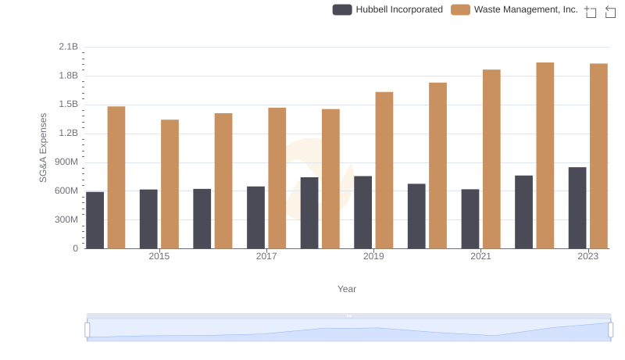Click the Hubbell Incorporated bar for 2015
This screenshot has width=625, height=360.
point(148,219)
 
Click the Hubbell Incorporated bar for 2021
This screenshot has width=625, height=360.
point(470,219)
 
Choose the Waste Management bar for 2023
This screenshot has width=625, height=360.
point(598,156)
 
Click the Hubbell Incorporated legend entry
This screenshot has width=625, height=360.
point(388,9)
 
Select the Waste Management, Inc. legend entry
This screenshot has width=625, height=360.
point(515,9)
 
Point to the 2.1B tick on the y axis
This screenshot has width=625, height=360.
point(69,47)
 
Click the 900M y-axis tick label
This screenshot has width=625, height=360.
point(66,162)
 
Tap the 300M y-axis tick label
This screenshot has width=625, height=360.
point(66,219)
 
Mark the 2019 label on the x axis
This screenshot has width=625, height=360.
point(373,256)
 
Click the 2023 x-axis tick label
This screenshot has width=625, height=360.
point(587,256)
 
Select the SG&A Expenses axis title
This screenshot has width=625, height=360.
point(44,148)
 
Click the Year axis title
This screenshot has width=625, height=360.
point(347,289)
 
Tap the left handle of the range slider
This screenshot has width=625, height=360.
point(87,330)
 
